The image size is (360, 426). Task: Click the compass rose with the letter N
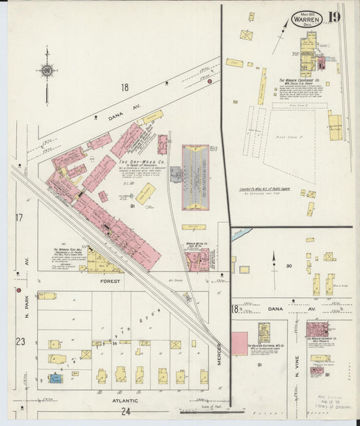[47, 70]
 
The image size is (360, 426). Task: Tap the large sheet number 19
[334, 18]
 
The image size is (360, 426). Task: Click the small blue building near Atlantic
[55, 379]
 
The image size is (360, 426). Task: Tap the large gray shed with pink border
[195, 178]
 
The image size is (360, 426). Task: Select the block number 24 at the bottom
[126, 410]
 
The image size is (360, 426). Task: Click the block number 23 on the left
[20, 342]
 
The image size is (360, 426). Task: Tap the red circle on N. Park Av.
[18, 290]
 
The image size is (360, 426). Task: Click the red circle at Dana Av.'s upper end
[209, 81]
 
